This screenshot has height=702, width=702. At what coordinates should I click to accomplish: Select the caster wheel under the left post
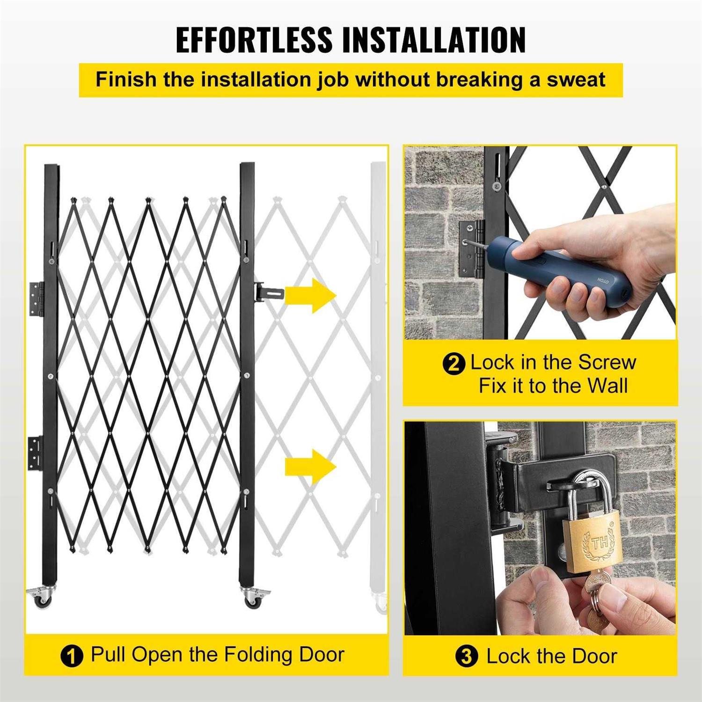pyautogui.click(x=43, y=597)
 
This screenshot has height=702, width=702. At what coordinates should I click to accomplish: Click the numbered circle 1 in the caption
pyautogui.click(x=72, y=656)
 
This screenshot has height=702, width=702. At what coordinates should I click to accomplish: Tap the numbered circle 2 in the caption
pyautogui.click(x=453, y=364)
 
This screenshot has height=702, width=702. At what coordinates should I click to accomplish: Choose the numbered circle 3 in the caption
pyautogui.click(x=466, y=657)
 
